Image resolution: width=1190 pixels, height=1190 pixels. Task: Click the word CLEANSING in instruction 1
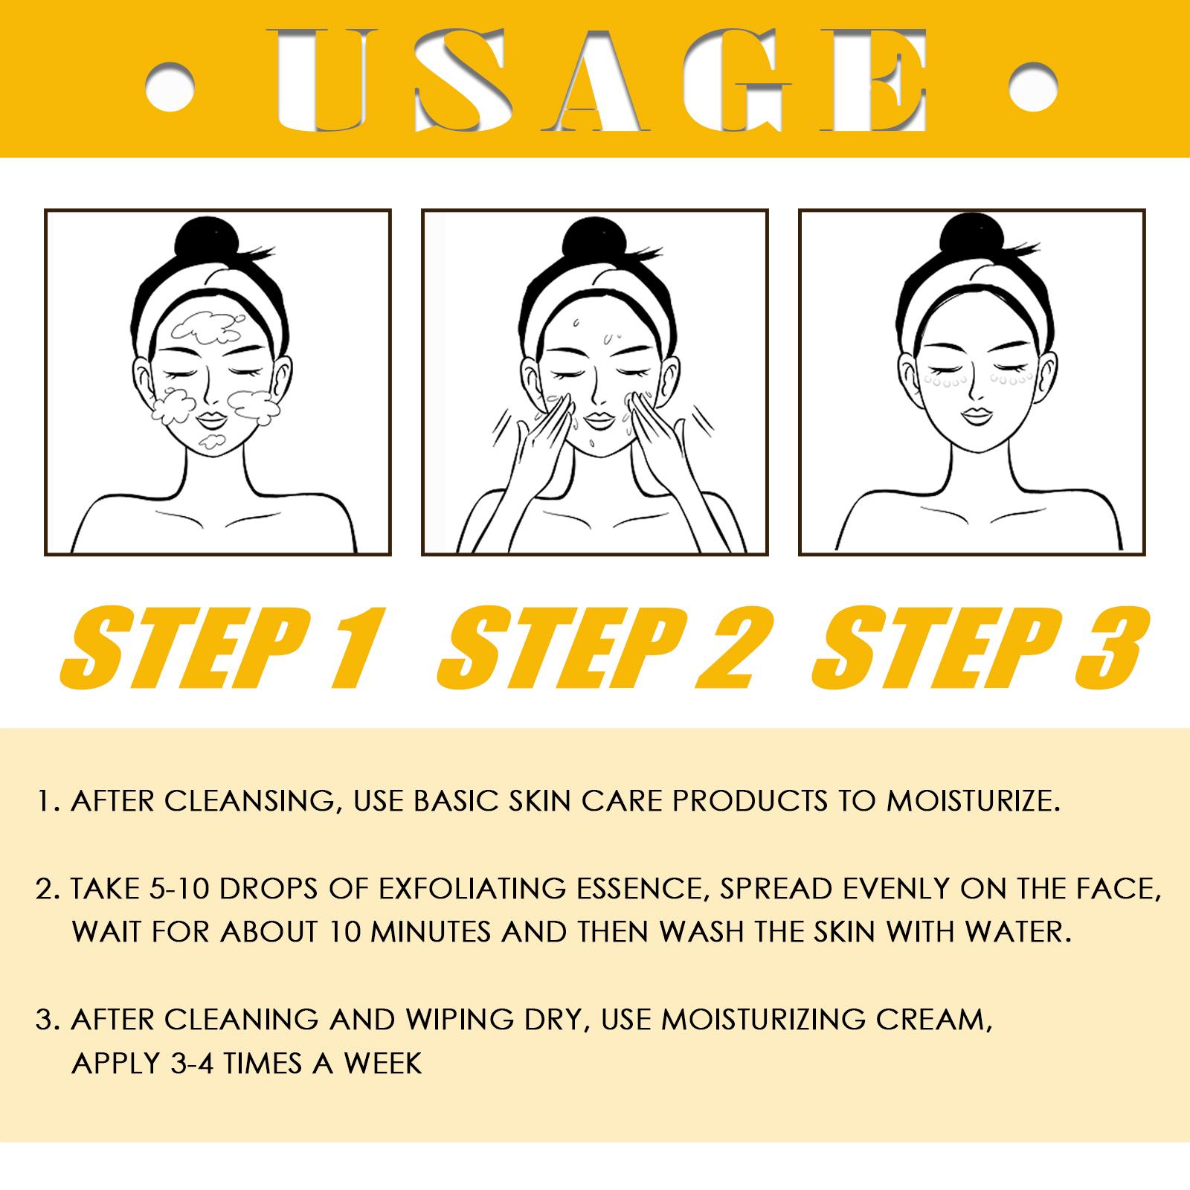tap(252, 802)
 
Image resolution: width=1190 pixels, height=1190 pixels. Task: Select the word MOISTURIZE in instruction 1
tap(972, 801)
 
